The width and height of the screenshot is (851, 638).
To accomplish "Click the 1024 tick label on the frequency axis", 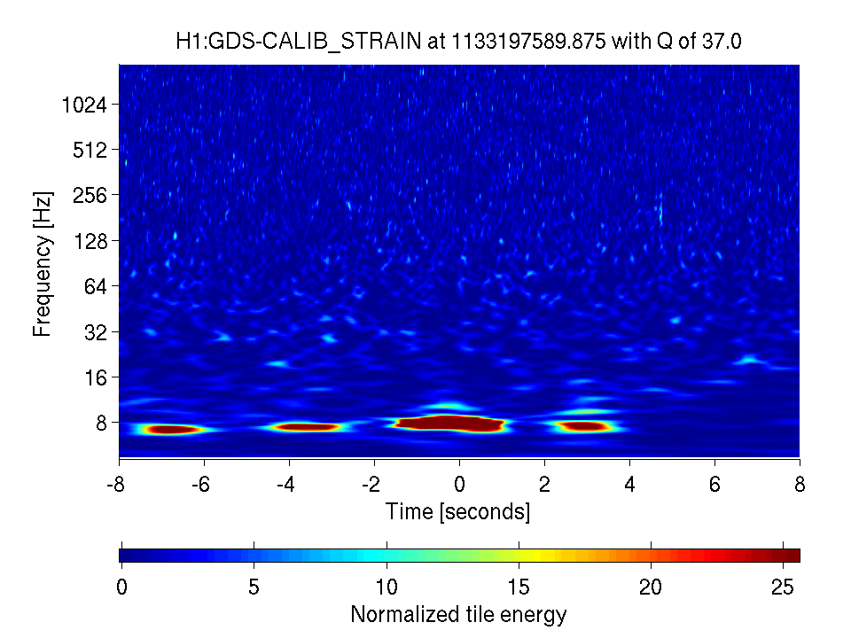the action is [85, 105].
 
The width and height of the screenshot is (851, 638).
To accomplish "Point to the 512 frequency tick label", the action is [90, 150].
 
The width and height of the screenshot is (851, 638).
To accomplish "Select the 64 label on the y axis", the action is [96, 286].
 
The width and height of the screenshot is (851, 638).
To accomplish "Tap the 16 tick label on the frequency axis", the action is [96, 377].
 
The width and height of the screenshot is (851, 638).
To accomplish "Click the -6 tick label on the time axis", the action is [201, 485].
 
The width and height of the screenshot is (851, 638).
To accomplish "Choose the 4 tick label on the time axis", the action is [629, 485].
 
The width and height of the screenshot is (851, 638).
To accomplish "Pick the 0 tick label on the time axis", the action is [460, 485].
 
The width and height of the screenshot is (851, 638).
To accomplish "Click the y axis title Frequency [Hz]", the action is [43, 264].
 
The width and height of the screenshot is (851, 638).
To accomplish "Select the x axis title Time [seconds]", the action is [458, 511].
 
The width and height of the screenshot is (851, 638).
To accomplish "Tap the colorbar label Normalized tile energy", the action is [458, 615].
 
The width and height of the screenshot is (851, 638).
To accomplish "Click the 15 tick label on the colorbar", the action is [519, 587].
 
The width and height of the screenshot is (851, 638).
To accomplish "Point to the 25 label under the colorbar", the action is [783, 587].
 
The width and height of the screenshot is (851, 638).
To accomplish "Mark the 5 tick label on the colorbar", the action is [254, 587].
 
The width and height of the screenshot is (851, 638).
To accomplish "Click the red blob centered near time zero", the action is [449, 424].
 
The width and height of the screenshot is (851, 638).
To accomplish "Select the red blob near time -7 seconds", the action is [171, 430].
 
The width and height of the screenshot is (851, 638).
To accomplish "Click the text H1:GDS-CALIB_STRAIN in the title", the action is [298, 42].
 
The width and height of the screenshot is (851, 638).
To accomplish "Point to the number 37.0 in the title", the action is [721, 42].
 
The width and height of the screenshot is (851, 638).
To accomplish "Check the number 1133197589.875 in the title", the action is [528, 42].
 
